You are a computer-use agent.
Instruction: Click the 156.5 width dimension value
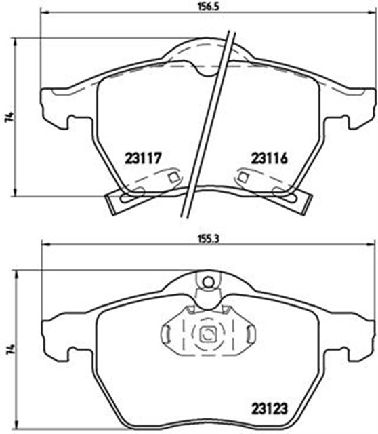click(x=209, y=7)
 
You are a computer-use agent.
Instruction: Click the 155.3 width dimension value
click(x=209, y=239)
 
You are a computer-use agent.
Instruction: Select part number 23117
click(x=143, y=159)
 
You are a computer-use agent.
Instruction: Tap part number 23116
click(x=269, y=159)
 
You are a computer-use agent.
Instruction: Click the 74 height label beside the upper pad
click(x=10, y=117)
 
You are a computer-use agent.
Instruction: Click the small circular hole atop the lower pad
click(x=208, y=283)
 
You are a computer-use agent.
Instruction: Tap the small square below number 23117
click(x=174, y=177)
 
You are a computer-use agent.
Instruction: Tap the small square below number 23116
click(x=243, y=177)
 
